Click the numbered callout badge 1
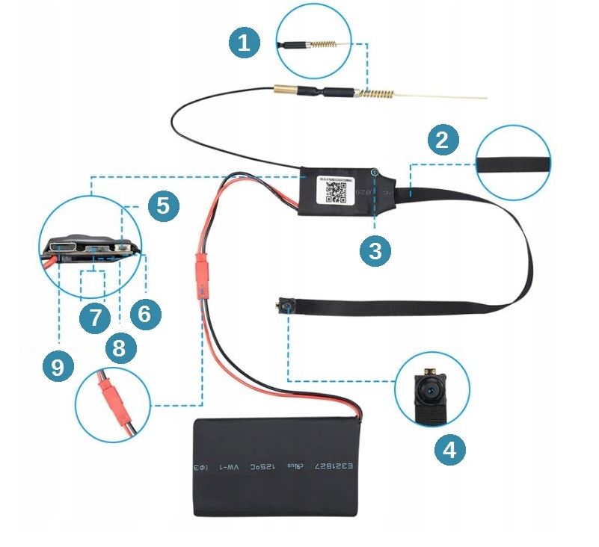(243, 43)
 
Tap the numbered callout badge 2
(443, 139)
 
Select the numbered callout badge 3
(375, 252)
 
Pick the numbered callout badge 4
(449, 449)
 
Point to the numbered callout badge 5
(163, 205)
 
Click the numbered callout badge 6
(144, 315)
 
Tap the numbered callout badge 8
(120, 346)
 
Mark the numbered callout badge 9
(58, 367)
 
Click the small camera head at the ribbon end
(285, 306)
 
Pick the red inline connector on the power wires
(201, 274)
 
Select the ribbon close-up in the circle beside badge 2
(514, 163)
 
